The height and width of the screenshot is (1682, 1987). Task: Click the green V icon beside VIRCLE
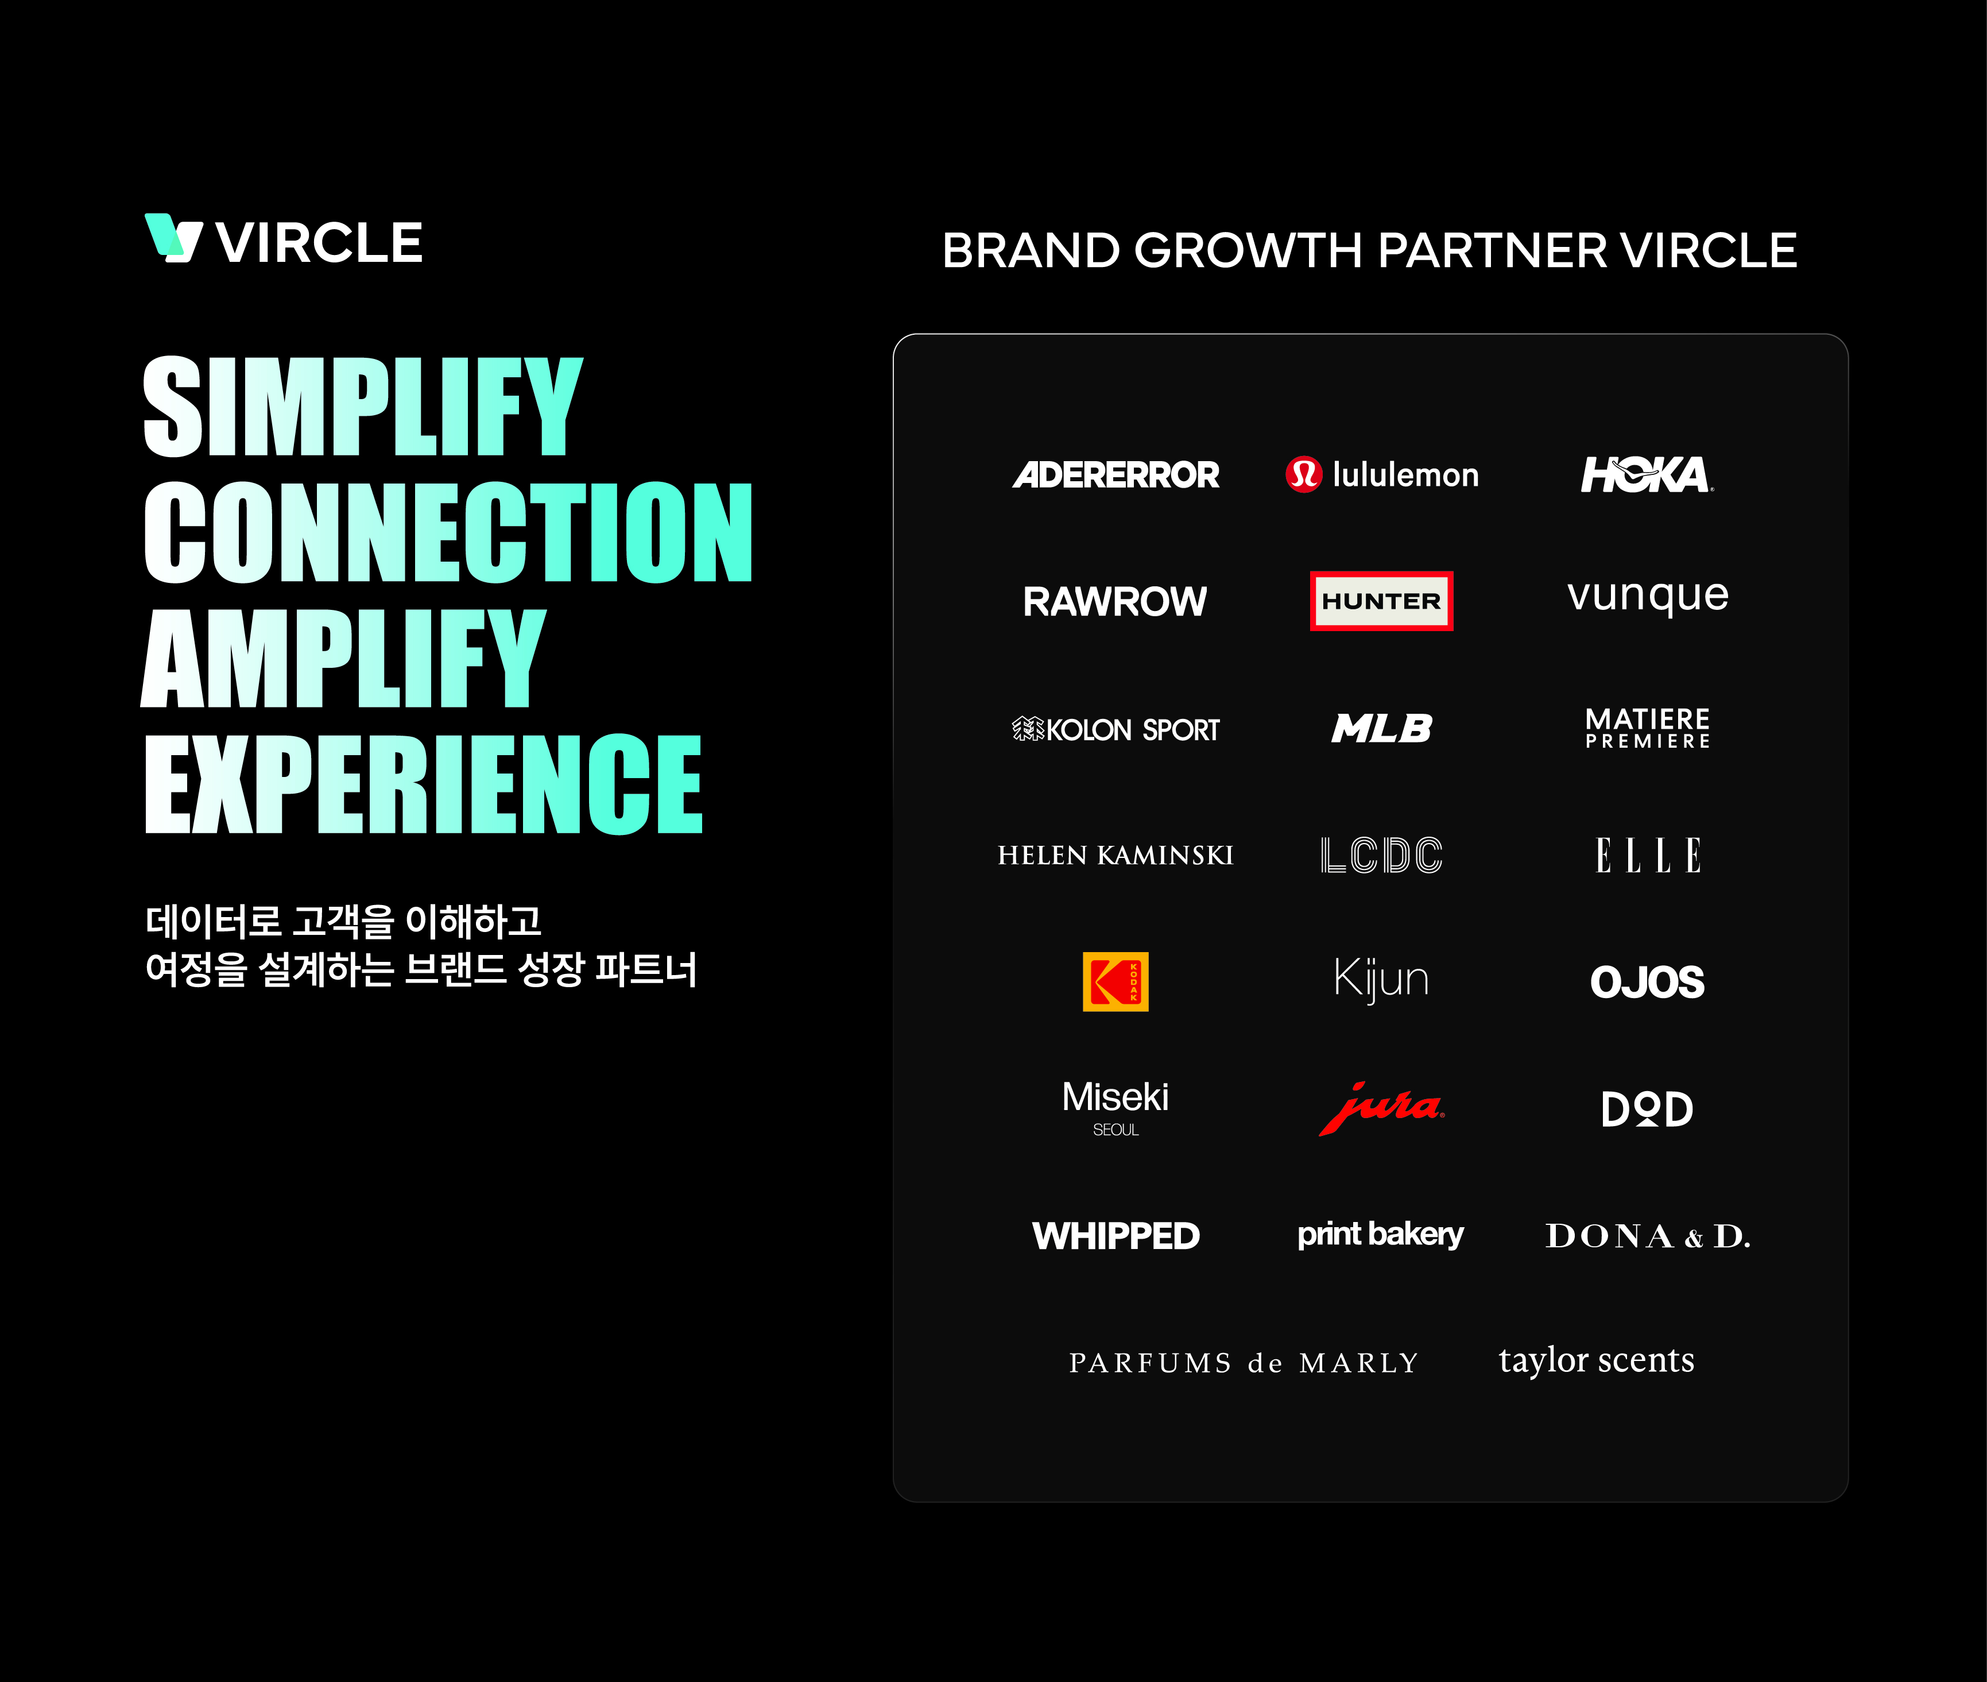coord(173,237)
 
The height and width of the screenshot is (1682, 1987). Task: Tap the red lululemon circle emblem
coord(1303,474)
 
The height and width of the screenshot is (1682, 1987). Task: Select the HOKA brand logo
coord(1647,474)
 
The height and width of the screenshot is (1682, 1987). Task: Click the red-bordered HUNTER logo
coord(1381,601)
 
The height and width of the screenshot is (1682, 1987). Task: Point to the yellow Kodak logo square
coord(1115,981)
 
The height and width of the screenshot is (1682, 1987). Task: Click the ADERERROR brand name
coord(1115,474)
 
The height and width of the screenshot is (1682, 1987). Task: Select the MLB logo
coord(1381,729)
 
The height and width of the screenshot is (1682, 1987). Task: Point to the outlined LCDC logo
coord(1381,855)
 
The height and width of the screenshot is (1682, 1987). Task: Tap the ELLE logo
coord(1648,855)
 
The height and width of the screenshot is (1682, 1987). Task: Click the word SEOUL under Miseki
coord(1115,1130)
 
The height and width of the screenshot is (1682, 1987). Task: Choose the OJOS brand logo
coord(1648,982)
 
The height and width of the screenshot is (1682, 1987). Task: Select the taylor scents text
coord(1596,1360)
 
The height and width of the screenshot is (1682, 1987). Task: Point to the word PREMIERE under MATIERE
coord(1648,741)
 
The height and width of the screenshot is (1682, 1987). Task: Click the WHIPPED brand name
coord(1115,1236)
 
